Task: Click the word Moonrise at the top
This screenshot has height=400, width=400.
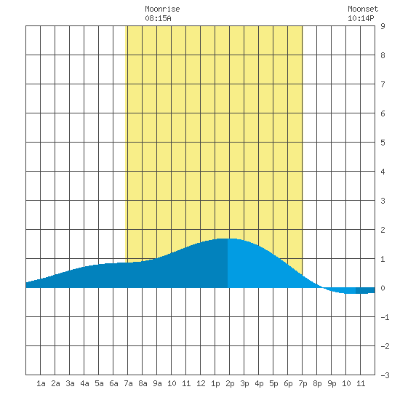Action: click(162, 9)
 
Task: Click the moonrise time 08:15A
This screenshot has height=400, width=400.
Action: click(158, 18)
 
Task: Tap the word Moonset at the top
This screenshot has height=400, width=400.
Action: click(363, 9)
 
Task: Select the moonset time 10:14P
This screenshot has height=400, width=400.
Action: click(361, 18)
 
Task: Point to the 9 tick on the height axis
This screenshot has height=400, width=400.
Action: click(383, 26)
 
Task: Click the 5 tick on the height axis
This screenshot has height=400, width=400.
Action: click(383, 143)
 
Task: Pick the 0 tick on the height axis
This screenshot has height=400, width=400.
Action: click(383, 288)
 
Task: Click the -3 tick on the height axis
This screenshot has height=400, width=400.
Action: click(385, 375)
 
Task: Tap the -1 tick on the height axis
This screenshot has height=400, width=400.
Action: click(385, 317)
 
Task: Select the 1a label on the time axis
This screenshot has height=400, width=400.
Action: click(41, 383)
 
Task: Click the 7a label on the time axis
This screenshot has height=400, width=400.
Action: click(128, 383)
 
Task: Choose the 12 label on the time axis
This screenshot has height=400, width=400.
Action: click(201, 383)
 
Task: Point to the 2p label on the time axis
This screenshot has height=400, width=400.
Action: click(230, 383)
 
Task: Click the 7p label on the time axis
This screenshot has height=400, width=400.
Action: click(303, 383)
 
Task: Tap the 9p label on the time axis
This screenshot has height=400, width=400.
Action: click(332, 383)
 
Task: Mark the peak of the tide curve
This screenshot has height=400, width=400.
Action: click(227, 239)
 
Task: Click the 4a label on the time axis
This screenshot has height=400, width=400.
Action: click(84, 383)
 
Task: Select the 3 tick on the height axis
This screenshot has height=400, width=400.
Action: click(383, 201)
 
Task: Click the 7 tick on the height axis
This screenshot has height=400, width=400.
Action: click(383, 84)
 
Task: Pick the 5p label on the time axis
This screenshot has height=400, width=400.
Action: click(273, 383)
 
